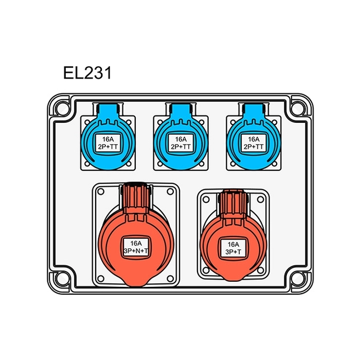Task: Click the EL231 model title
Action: pos(87,73)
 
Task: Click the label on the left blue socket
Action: pos(108,143)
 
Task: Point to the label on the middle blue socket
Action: pos(181,143)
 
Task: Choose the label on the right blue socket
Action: pos(254,143)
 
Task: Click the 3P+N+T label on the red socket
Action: pos(136,247)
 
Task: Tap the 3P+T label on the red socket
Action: pos(233,248)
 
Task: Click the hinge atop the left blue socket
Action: pos(108,110)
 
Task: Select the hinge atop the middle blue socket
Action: pos(181,110)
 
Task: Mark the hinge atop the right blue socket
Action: pos(254,110)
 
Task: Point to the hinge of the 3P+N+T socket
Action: pos(136,195)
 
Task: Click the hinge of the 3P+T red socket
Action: pos(233,201)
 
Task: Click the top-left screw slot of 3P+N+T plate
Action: pos(101,191)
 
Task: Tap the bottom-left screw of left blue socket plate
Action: pos(86,165)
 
